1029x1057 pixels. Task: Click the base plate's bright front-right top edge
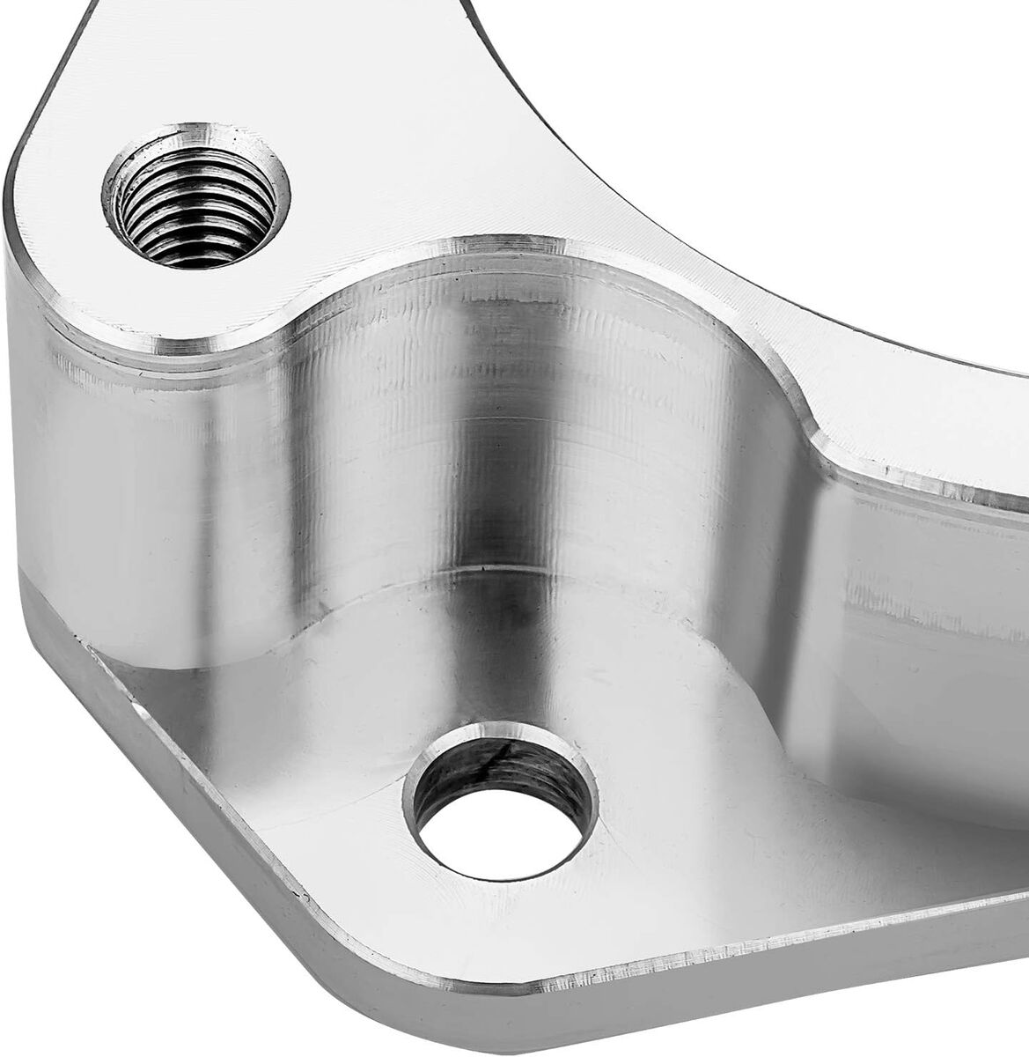tap(792, 951)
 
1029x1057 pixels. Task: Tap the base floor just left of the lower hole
tap(334, 766)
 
